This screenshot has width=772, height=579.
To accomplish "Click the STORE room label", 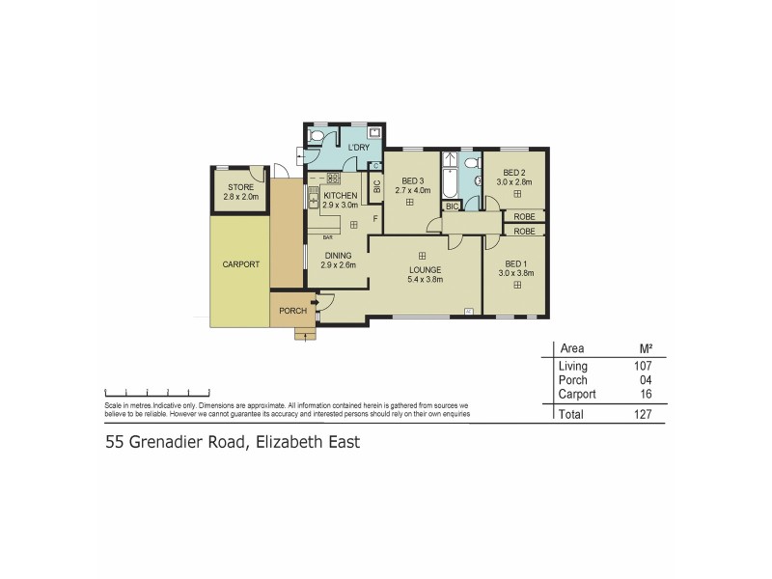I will (x=240, y=187).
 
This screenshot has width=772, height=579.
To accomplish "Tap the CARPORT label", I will (x=240, y=263).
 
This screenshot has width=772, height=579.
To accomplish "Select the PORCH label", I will (x=292, y=311).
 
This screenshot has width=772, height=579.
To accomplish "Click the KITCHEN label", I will (x=340, y=195).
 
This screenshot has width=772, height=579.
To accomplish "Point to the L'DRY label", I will (x=346, y=148).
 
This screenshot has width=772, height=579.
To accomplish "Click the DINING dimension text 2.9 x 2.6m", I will (x=338, y=265).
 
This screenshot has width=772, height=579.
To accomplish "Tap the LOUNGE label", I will (x=425, y=269).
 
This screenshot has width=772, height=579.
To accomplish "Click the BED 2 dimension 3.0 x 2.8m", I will (x=514, y=181).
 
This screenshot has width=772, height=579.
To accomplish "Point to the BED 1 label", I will (x=516, y=263).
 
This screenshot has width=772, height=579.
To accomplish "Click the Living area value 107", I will (x=644, y=367).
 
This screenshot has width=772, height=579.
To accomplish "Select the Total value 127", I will (x=644, y=414).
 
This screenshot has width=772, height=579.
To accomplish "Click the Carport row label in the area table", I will (x=576, y=394).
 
